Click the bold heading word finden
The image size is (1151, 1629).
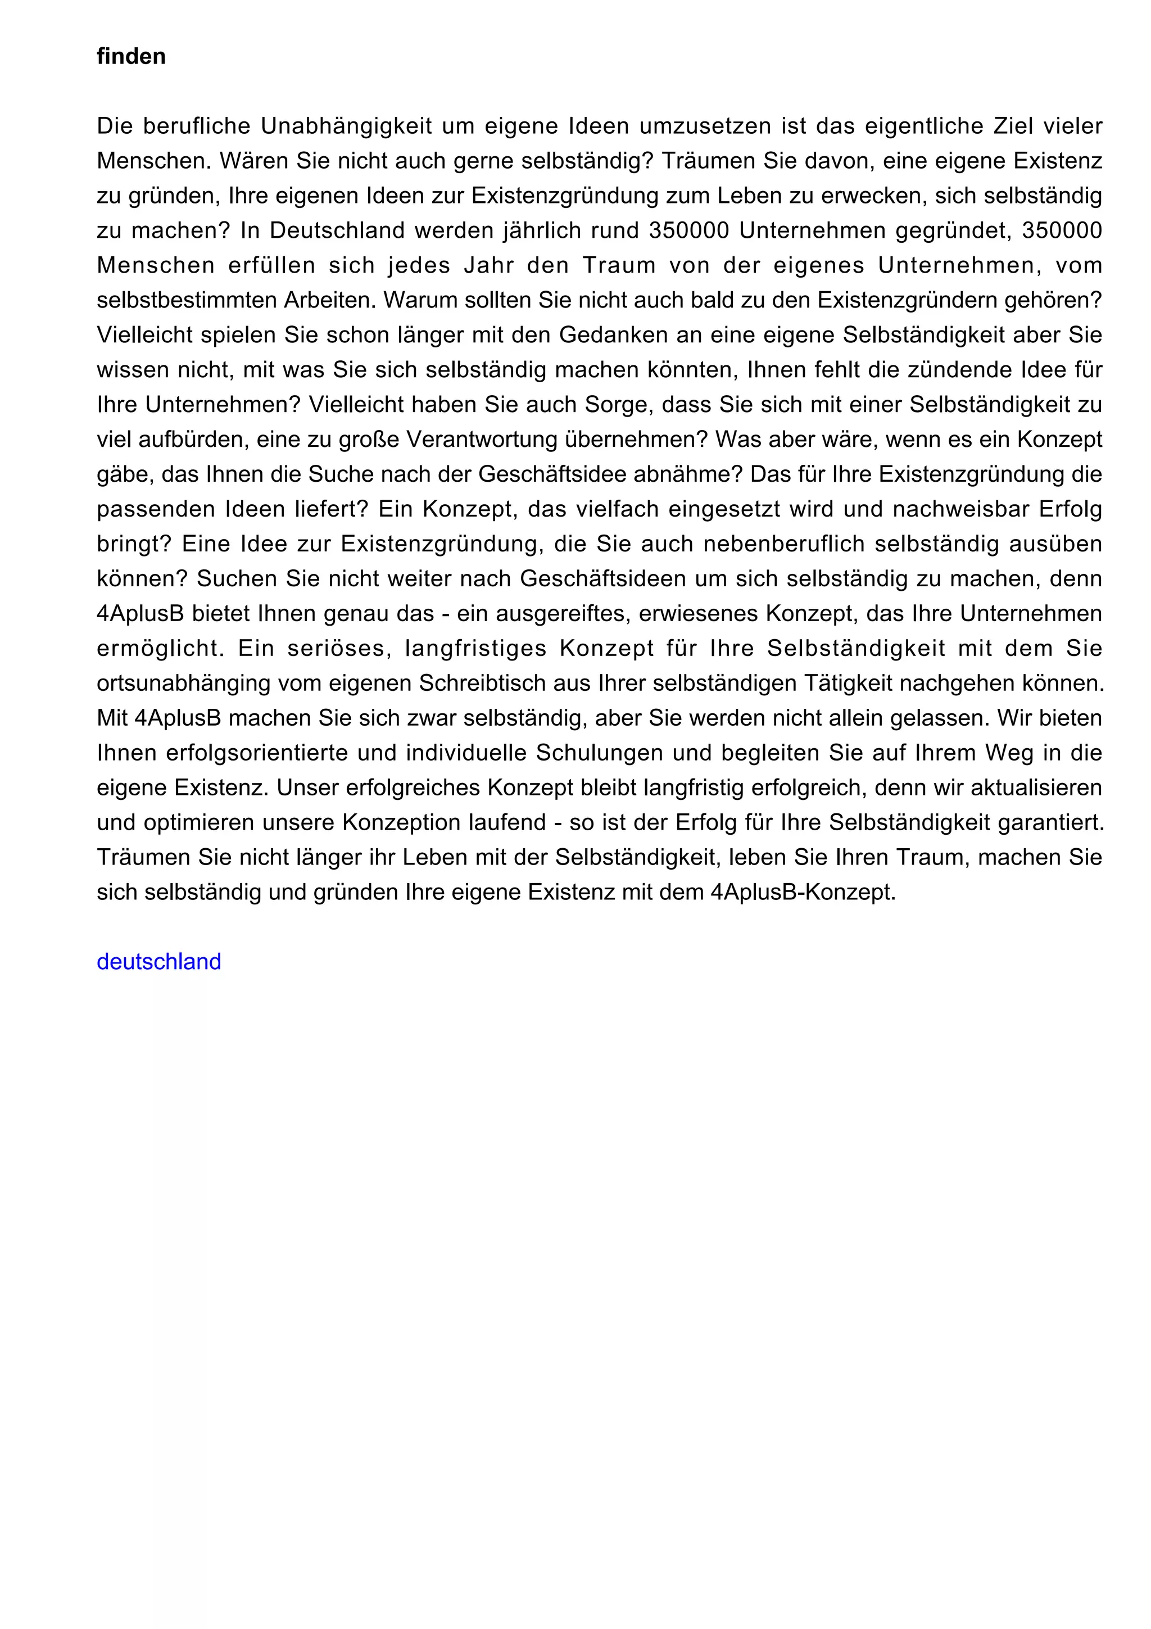click(131, 56)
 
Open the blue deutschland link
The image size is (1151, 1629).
click(159, 961)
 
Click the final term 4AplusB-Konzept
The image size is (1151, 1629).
click(802, 892)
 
